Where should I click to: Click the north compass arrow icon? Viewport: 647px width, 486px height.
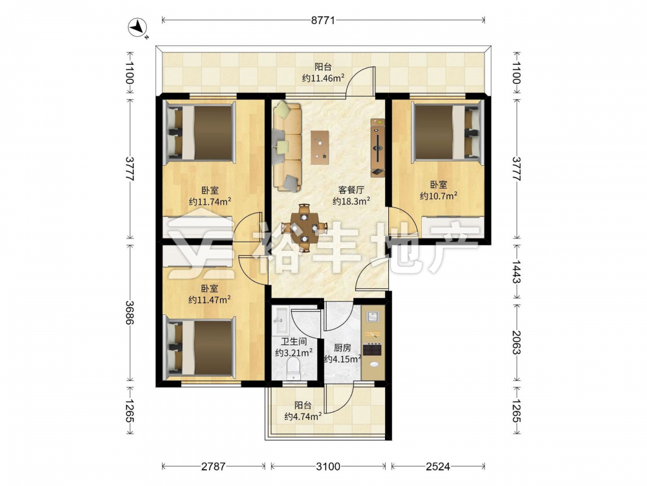point(138,27)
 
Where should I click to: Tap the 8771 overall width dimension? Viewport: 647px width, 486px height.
point(323,20)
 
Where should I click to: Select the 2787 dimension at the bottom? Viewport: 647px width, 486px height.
point(214,467)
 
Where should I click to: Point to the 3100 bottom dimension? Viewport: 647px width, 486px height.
point(328,467)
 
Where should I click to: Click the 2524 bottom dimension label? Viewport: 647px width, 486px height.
point(438,467)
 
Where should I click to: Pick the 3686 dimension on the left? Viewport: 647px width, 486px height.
point(129,312)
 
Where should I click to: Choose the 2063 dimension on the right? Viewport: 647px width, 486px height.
point(516,342)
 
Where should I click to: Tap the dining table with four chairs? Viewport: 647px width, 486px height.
point(304,227)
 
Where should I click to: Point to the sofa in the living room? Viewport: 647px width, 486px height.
point(287,146)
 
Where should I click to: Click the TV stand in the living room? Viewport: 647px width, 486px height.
point(378,148)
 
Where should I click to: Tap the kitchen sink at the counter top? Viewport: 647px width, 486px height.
point(374,317)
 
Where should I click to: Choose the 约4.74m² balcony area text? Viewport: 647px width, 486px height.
point(303,416)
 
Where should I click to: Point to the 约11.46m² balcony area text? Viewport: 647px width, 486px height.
point(323,78)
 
